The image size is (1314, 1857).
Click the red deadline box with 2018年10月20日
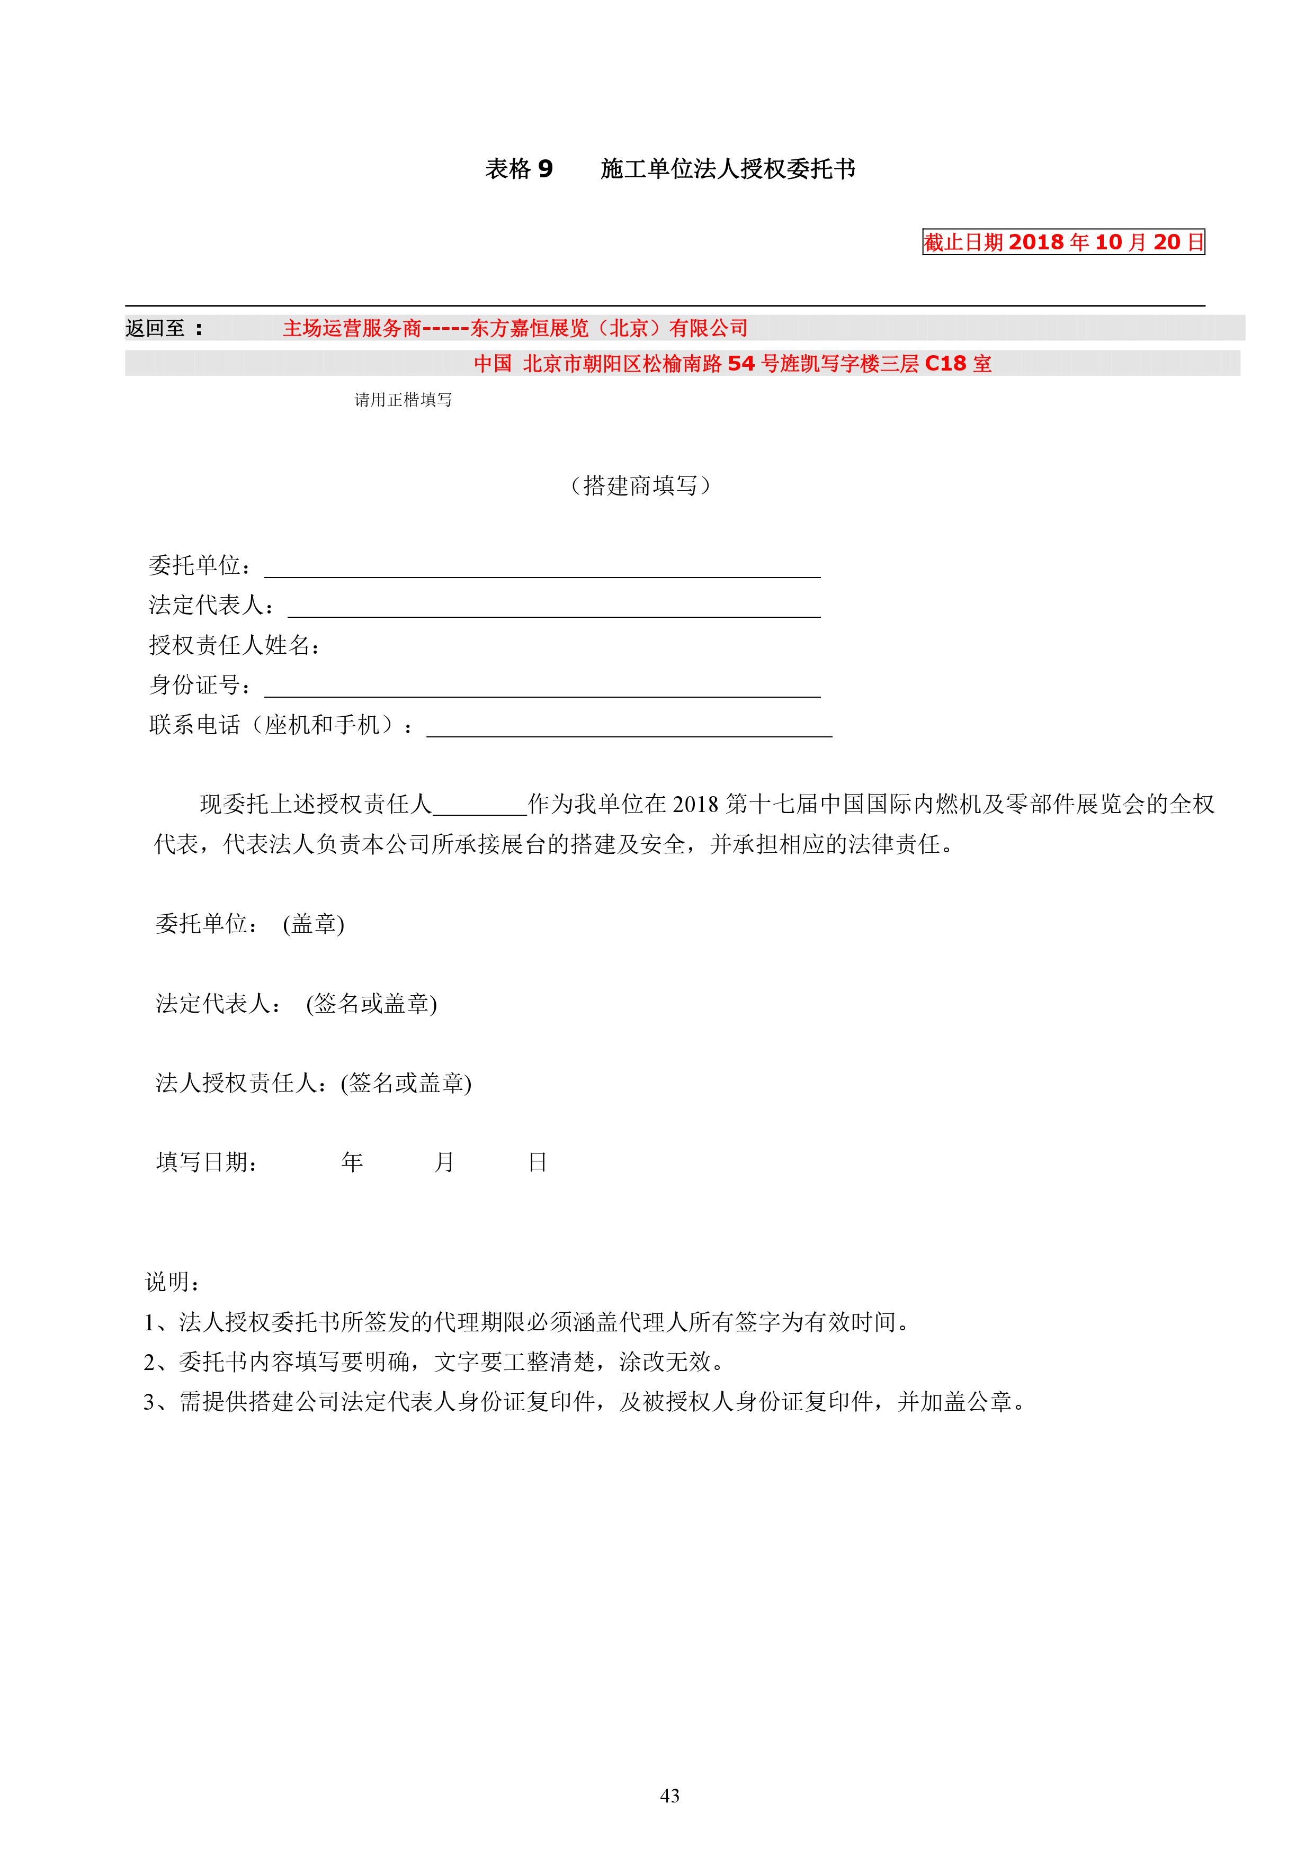click(x=1063, y=242)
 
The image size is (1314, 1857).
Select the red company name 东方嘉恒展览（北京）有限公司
click(x=609, y=328)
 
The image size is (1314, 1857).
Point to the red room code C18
click(x=945, y=364)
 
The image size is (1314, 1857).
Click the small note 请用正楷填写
click(x=403, y=400)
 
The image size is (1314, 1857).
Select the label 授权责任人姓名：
click(x=235, y=645)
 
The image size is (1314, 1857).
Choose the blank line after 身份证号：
click(x=542, y=690)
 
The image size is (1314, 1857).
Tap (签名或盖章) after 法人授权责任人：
click(x=406, y=1083)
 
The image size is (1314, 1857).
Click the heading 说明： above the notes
click(x=172, y=1282)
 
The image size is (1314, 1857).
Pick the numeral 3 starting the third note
click(x=150, y=1402)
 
